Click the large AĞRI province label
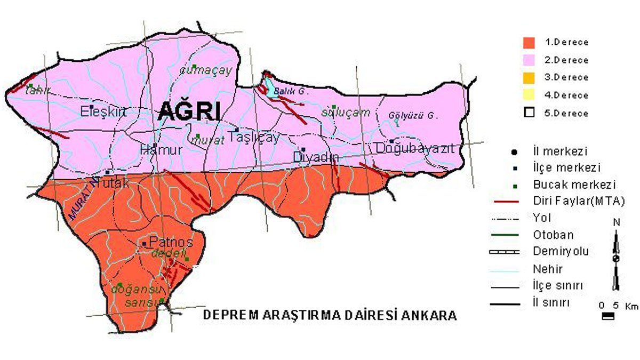(189, 112)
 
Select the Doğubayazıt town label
(415, 148)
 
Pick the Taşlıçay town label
(254, 138)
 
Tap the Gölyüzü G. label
(413, 115)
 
